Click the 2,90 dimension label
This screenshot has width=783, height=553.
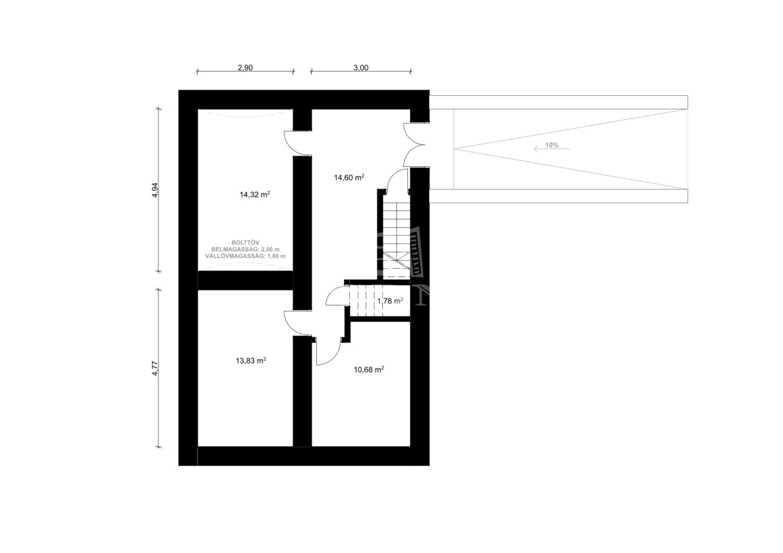(x=245, y=68)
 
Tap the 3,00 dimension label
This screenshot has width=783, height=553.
(x=361, y=68)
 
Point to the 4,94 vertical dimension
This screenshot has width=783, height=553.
(x=155, y=190)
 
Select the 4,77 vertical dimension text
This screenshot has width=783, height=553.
(x=155, y=368)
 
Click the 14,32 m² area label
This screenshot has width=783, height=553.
(x=255, y=194)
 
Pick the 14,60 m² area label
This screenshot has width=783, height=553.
(x=349, y=177)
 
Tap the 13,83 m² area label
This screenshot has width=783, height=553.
(x=251, y=361)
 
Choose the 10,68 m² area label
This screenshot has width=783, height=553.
(x=369, y=369)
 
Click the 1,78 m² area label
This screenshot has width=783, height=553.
(x=390, y=301)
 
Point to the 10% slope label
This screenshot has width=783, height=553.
(x=552, y=145)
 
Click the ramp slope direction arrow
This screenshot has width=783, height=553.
(x=552, y=149)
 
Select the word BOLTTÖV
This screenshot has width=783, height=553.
(x=245, y=243)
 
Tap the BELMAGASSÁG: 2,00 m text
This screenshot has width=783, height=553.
(x=245, y=249)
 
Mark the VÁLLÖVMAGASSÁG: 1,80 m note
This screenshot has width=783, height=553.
(x=245, y=256)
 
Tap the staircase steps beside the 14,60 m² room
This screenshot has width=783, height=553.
(x=396, y=240)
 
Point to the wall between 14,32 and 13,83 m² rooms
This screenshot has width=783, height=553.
(x=245, y=280)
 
